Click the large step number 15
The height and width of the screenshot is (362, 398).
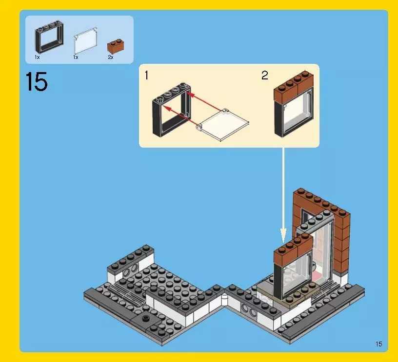coord(37,82)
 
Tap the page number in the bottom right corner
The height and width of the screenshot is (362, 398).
coord(378,344)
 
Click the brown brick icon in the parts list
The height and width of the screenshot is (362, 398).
coord(116,46)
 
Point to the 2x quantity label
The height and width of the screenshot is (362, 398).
coord(110,57)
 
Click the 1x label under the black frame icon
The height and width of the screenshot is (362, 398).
coord(37,57)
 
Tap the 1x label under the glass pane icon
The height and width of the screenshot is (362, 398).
coord(76,57)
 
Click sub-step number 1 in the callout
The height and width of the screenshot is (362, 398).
coord(146,76)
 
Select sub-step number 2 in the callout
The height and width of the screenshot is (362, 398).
coord(264,76)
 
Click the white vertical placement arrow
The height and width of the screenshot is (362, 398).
coord(283,195)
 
